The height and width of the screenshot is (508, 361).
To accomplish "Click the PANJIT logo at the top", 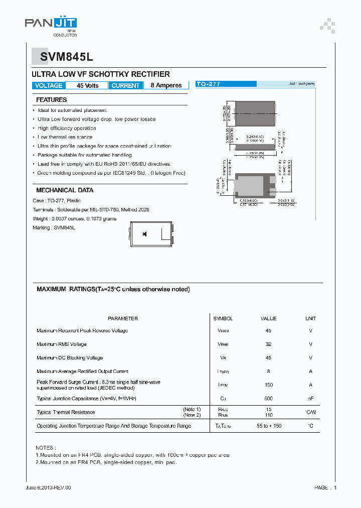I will point(51,23).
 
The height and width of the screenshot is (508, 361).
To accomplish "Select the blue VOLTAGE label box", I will point(49,86).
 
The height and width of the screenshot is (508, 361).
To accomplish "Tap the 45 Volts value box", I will point(87,86).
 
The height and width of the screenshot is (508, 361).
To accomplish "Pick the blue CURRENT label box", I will point(125,86).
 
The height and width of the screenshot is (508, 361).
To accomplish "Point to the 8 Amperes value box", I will point(166,86).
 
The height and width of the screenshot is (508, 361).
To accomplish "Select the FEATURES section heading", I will point(51,100).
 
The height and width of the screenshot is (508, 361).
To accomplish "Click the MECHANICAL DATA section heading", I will point(65,190).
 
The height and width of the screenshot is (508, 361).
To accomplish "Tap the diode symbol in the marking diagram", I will point(145,234).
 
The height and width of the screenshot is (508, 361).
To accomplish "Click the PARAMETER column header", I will point(123,318).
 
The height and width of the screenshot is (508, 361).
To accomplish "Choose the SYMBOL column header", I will point(223,318).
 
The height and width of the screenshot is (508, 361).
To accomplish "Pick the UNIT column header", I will point(310,318).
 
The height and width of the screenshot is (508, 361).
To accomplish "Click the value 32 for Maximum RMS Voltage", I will point(268,344).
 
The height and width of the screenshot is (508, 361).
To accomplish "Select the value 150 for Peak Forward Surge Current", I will point(268,385).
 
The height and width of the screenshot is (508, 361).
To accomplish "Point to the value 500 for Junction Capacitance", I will point(268,399).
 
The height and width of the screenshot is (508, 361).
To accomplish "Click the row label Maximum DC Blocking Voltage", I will point(70,358).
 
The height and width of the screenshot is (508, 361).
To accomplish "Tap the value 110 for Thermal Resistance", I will point(268,415).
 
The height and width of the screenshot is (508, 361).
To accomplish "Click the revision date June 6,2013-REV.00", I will point(48,487).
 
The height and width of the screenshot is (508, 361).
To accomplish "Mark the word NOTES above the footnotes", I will point(46,447).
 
